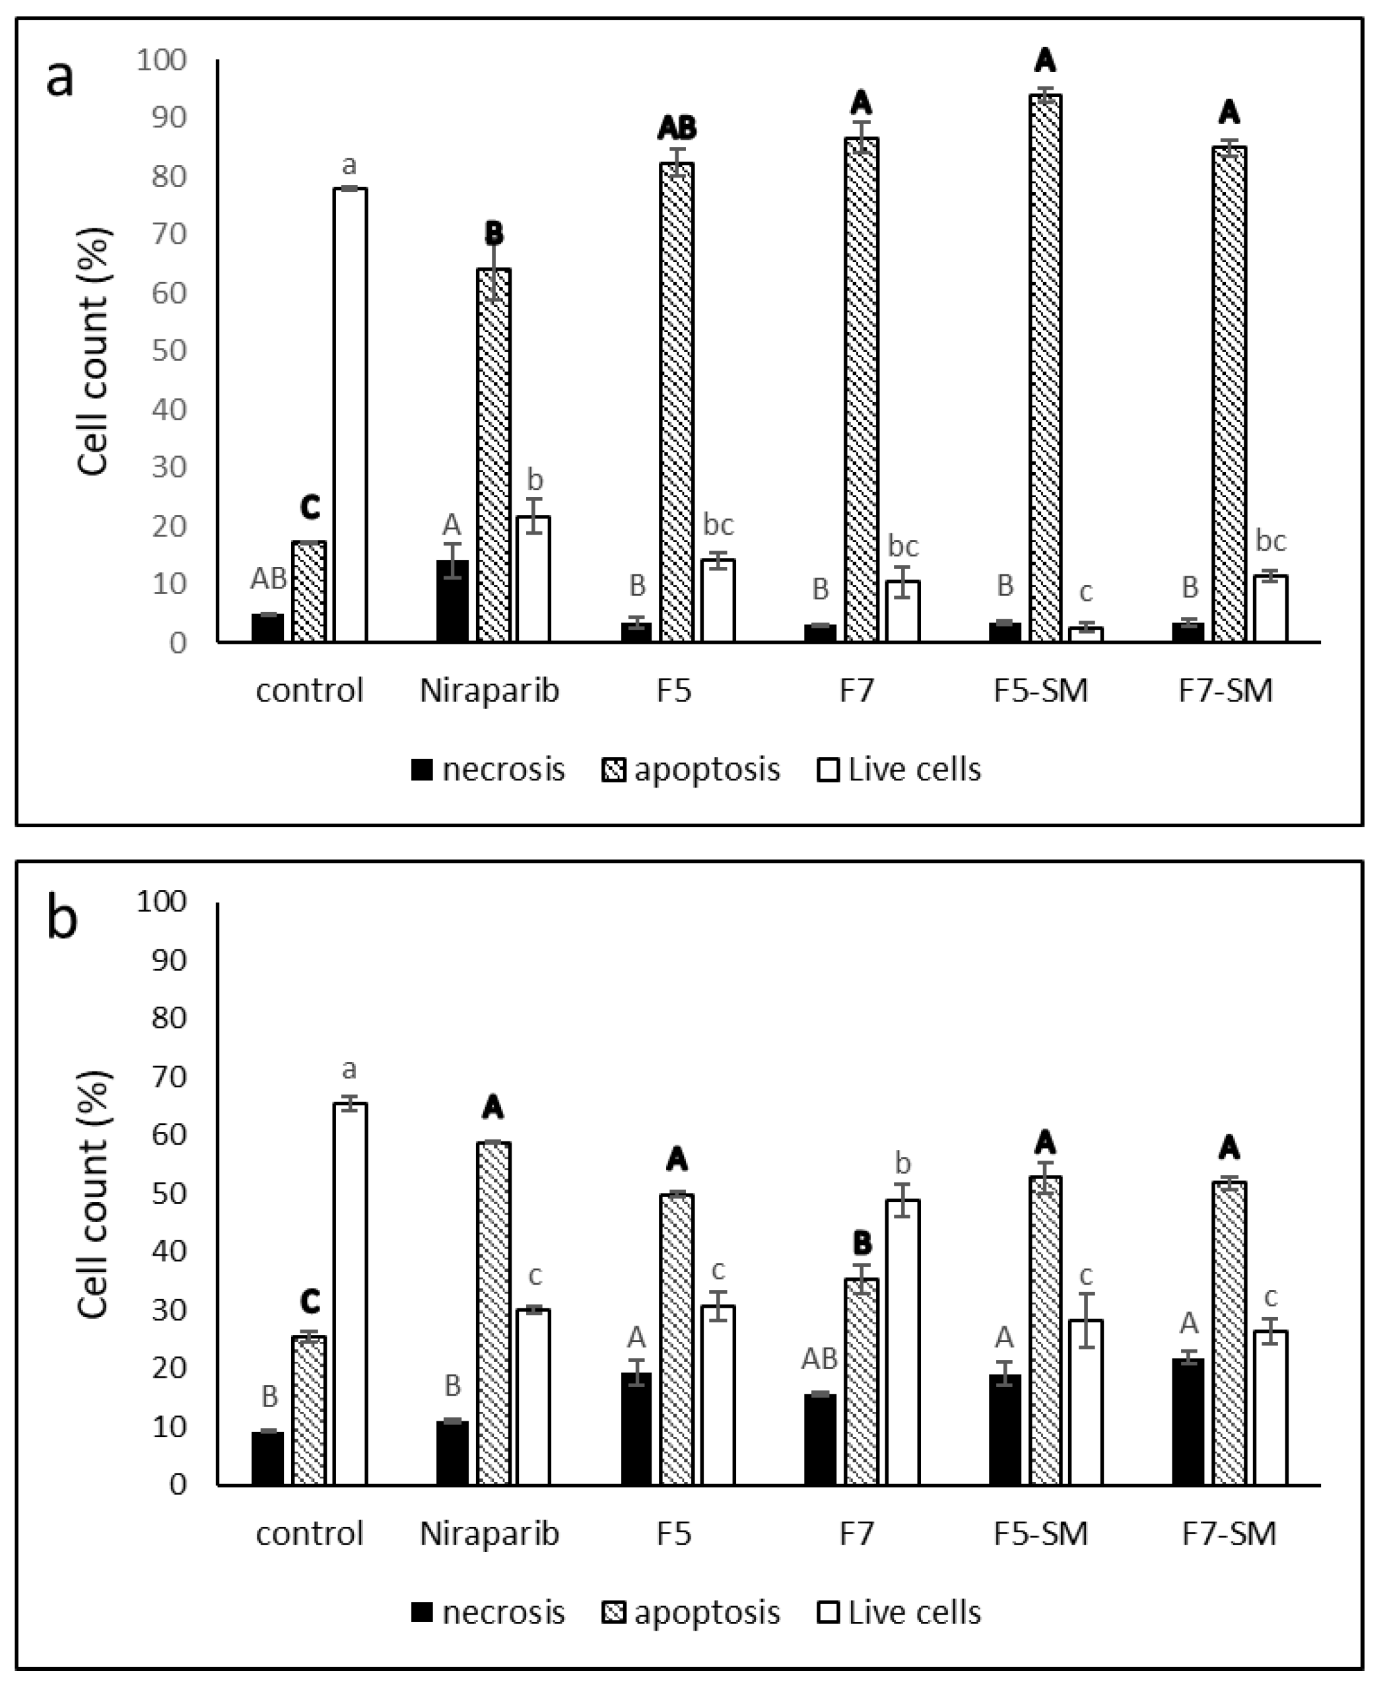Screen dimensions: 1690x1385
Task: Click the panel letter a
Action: click(60, 78)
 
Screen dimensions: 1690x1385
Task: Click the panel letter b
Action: click(62, 919)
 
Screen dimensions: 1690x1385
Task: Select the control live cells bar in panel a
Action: click(351, 415)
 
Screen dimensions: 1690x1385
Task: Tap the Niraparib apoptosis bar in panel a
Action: click(494, 455)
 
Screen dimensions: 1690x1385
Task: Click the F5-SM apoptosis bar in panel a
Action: click(1045, 367)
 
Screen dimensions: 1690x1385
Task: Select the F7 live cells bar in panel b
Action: click(902, 1343)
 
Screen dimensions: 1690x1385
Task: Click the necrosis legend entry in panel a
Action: click(489, 770)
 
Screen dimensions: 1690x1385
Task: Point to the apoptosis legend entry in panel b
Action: click(691, 1613)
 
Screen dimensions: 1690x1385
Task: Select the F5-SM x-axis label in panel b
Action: click(1040, 1534)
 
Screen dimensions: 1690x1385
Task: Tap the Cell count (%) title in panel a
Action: click(94, 351)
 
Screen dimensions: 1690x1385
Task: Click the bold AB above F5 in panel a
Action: click(677, 127)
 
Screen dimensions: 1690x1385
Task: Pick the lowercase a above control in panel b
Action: click(349, 1069)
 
